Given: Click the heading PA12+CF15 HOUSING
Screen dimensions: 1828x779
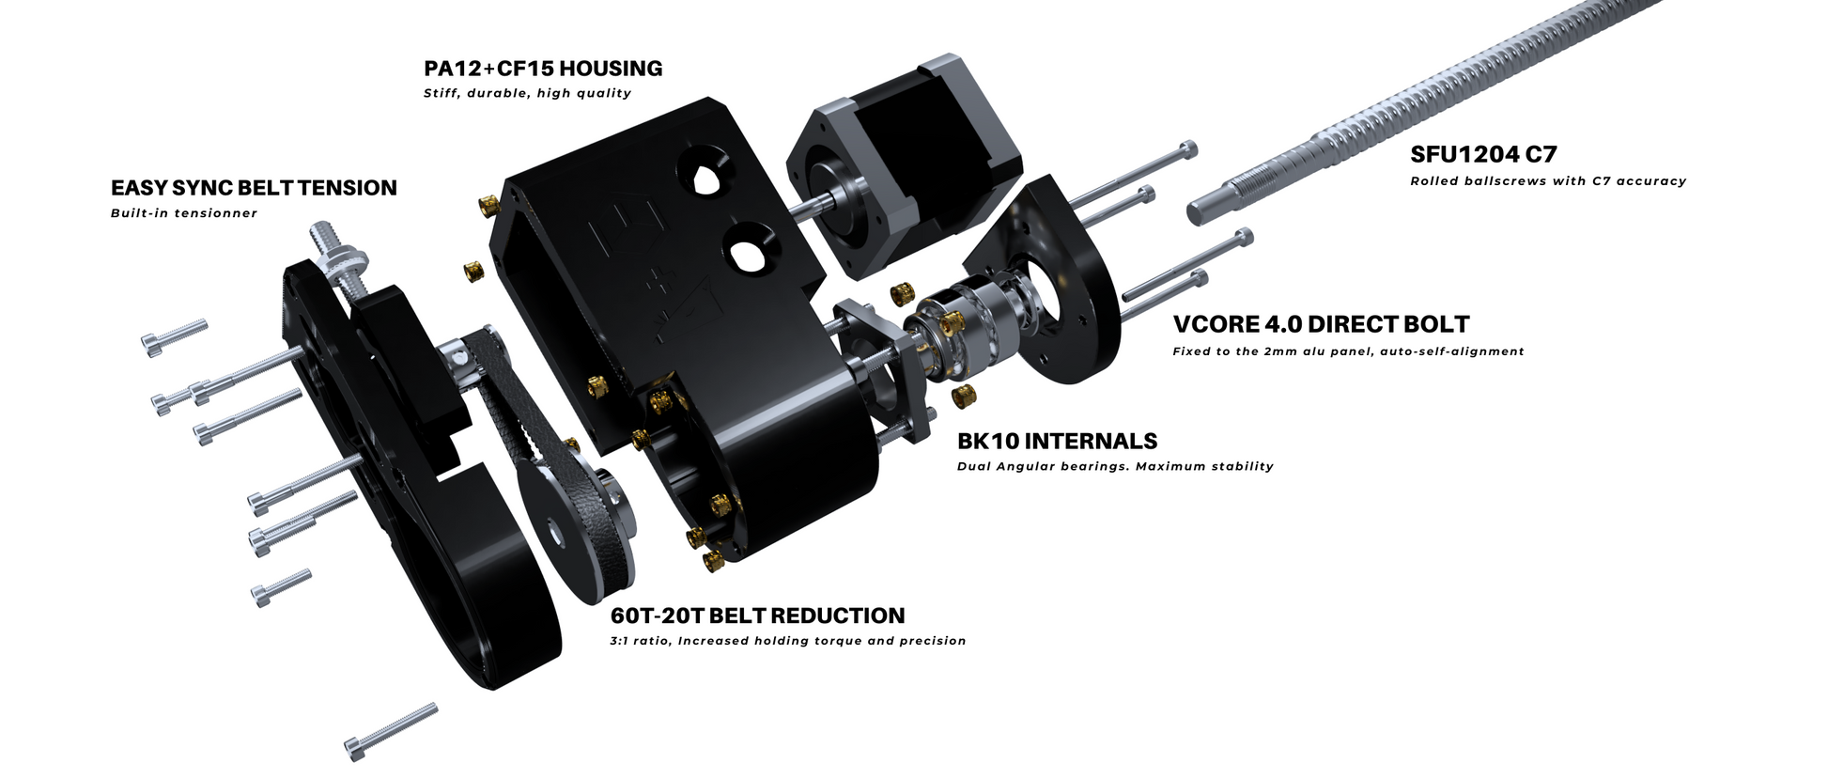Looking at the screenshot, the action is point(543,69).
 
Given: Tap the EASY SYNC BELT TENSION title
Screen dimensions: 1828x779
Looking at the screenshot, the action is point(254,188).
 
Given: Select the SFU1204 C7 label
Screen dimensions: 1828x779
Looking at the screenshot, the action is point(1483,154).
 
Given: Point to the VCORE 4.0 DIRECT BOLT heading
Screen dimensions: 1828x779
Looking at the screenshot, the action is point(1321,324).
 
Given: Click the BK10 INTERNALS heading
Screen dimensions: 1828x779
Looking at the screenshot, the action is point(1057,441).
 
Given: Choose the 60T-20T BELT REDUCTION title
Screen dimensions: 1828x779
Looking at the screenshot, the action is point(757,615).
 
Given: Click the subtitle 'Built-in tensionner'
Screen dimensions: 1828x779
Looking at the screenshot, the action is point(184,213).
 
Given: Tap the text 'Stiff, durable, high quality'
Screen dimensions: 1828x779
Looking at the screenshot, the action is point(527,93).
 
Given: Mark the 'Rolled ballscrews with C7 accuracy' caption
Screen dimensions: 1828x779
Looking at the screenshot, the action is point(1548,181).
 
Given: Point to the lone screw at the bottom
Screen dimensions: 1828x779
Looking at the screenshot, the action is point(391,732).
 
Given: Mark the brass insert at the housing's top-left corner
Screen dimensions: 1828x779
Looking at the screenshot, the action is point(488,205).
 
